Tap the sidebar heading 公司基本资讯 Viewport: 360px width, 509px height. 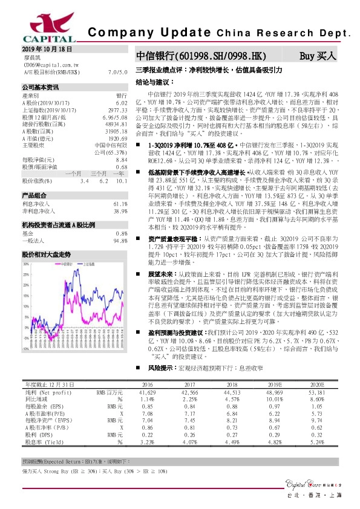[x=41, y=87]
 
